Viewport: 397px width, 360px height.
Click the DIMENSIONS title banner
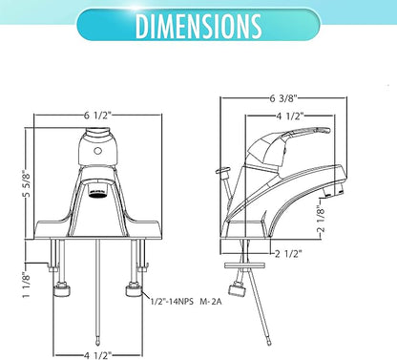pos(198,25)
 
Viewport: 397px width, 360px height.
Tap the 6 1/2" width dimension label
pos(98,116)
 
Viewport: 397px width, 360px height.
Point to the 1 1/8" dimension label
pos(26,285)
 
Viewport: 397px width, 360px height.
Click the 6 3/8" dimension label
pos(283,98)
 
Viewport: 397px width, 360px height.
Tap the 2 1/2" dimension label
pos(288,254)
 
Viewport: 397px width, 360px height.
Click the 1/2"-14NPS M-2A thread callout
pos(186,301)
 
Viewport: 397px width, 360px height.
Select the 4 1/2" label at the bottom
pos(98,355)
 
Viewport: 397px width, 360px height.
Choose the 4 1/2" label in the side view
pos(288,116)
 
